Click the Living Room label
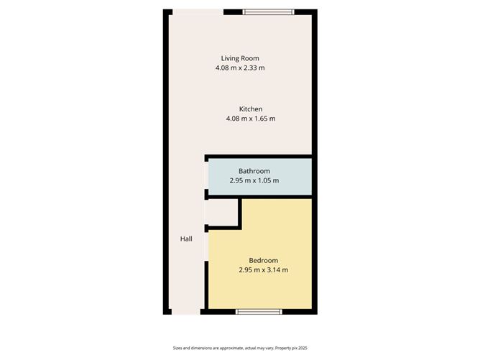pos(240,58)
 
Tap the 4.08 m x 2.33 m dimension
pos(240,68)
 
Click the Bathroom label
pos(254,171)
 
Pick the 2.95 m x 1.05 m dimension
pos(254,180)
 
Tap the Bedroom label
pos(263,260)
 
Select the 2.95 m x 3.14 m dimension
pos(263,269)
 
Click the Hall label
pos(186,239)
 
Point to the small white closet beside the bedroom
pos(223,213)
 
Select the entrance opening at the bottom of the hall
pos(186,312)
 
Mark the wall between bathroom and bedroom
pos(277,197)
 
